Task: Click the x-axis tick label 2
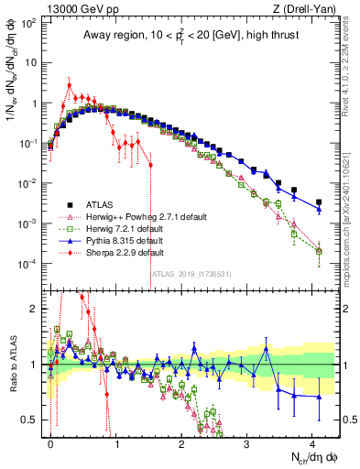point(181,441)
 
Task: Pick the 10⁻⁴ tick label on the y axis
point(28,264)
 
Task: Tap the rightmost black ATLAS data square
point(319,202)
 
